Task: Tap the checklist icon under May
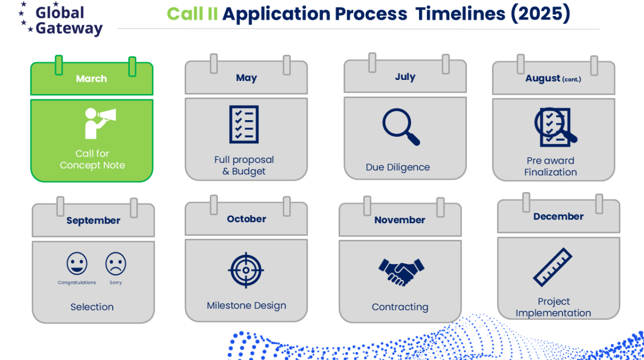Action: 244,124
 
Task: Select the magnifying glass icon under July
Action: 401,127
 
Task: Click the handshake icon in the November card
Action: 401,272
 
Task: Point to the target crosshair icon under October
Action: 246,270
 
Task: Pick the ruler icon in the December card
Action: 553,267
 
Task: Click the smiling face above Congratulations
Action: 77,263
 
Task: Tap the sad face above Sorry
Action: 115,263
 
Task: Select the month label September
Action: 93,221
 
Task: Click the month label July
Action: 405,77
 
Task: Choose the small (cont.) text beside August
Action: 572,79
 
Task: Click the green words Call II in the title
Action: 192,13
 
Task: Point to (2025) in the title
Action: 540,13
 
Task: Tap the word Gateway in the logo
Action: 69,29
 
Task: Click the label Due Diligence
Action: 398,167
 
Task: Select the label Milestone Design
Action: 246,305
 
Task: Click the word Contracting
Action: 400,307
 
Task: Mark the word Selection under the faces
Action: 92,307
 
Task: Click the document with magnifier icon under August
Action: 555,127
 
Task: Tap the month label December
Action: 558,216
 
